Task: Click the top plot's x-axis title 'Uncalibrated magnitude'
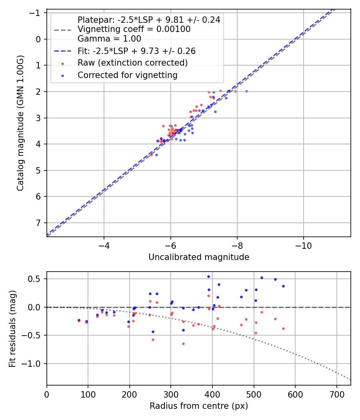coord(199,257)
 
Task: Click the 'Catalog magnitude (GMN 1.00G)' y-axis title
coord(20,123)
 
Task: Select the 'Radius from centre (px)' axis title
coord(199,406)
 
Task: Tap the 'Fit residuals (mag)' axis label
coord(12,328)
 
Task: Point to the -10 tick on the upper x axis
coord(303,244)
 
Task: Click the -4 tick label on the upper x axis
coord(104,244)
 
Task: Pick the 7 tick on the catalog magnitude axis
coord(38,222)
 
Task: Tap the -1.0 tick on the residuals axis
coord(34,364)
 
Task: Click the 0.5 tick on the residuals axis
coord(36,278)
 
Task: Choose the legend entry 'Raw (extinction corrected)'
coord(132,63)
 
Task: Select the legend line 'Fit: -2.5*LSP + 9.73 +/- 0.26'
coord(136,51)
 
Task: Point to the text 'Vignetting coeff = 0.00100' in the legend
coord(134,29)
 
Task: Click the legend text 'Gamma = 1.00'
coord(109,39)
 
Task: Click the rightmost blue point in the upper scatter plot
coord(246,91)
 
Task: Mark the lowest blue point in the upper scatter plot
coord(156,155)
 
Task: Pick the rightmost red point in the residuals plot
coord(283,328)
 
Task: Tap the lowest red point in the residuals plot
coord(183,344)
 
